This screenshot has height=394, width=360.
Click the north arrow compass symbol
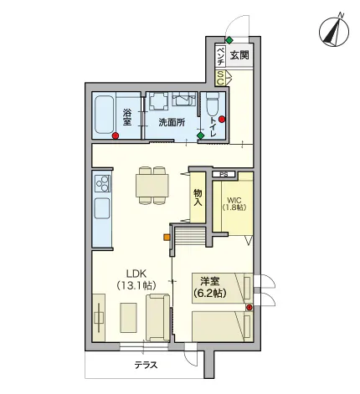334,31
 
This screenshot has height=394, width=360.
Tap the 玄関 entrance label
239,55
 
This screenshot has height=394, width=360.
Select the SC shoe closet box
220,78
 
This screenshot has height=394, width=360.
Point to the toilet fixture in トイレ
213,105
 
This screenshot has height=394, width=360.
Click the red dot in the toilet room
222,120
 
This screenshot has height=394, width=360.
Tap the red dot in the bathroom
116,136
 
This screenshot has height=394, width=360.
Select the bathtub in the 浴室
105,115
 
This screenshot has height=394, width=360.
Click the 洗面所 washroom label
172,122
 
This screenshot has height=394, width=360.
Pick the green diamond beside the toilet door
200,136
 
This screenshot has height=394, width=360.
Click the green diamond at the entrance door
229,40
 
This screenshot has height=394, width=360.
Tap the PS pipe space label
224,175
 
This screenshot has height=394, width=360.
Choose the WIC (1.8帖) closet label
234,204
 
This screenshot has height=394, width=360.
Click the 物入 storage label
198,197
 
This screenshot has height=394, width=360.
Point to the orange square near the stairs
167,238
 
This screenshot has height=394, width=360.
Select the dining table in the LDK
152,186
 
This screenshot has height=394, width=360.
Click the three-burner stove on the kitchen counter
102,183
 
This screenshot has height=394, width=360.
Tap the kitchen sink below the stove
102,208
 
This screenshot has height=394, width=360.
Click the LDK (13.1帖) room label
136,279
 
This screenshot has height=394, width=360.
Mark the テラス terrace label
146,365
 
